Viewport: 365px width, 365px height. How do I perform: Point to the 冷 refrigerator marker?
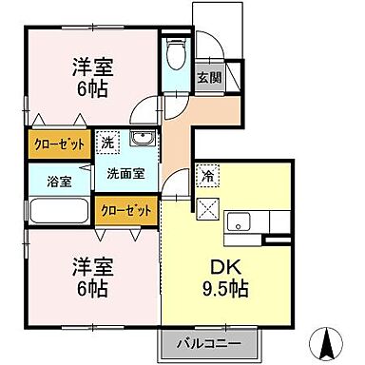[207, 176]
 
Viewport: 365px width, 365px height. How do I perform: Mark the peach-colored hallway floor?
[178, 133]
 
